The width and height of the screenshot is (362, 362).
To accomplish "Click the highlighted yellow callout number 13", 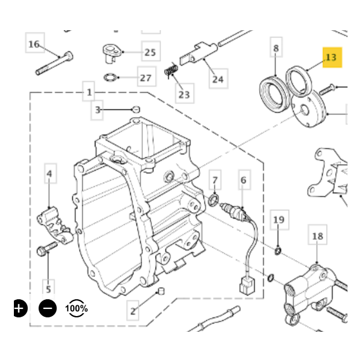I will coord(331,57).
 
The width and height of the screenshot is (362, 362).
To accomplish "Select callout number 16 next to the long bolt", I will coord(34,44).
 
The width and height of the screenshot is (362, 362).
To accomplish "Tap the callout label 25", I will coord(150,52).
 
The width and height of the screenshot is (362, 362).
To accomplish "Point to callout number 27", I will coord(145,78).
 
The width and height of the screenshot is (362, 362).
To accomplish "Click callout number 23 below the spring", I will coord(183,94).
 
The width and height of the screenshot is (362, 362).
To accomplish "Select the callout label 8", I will coord(276,48).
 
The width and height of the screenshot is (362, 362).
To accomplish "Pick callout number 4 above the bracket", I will coord(49,174).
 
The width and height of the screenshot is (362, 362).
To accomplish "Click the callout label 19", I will coord(278,220).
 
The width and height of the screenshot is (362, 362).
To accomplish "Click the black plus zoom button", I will coord(20,308).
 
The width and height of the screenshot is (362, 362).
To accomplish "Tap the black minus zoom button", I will coord(48,308).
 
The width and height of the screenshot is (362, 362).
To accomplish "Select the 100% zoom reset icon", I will coord(77,308).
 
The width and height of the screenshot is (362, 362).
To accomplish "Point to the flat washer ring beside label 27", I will coord(110,77).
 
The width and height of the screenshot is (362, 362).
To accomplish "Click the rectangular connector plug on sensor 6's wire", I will coord(245,284).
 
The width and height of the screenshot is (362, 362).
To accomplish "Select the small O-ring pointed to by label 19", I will coord(278,250).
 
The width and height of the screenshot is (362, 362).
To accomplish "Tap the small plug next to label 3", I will coord(136,109).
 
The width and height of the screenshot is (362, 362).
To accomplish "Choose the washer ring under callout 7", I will coord(214,200).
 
